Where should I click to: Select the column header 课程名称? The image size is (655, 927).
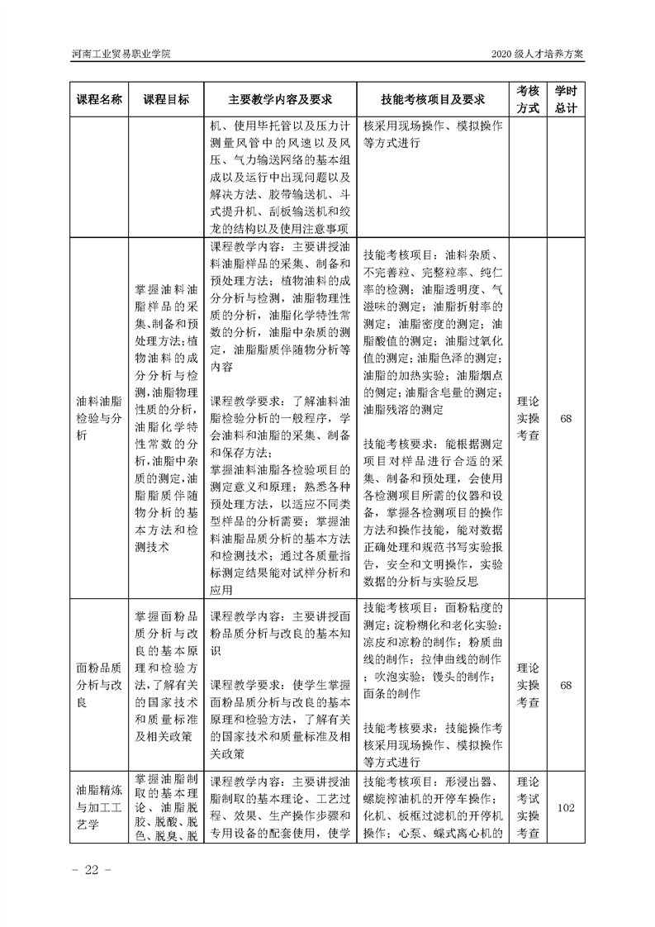tap(99, 99)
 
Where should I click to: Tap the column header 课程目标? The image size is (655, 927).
tap(166, 99)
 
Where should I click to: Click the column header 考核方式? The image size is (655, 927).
tap(528, 99)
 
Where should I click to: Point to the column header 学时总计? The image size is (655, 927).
tap(566, 99)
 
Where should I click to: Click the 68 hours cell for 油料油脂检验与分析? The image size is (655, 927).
tap(566, 419)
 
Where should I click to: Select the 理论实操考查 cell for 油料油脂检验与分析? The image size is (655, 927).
tap(528, 419)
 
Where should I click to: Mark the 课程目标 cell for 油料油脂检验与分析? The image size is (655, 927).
tap(166, 419)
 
